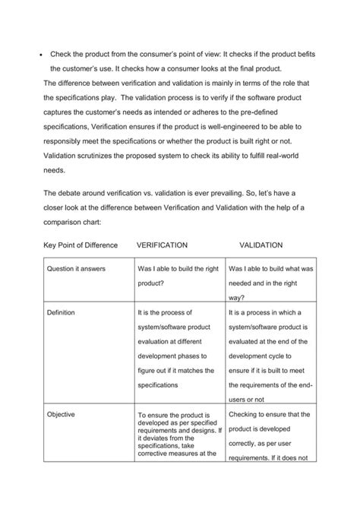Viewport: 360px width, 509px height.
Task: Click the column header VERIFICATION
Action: point(163,245)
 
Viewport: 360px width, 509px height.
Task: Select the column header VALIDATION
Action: point(261,245)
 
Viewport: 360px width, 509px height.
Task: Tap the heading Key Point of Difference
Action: point(77,245)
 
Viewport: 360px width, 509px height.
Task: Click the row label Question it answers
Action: point(76,269)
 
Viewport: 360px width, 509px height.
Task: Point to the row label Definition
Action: point(62,312)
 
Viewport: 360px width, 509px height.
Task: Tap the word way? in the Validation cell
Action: point(236,298)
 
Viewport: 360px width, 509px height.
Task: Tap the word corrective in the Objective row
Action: point(157,453)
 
